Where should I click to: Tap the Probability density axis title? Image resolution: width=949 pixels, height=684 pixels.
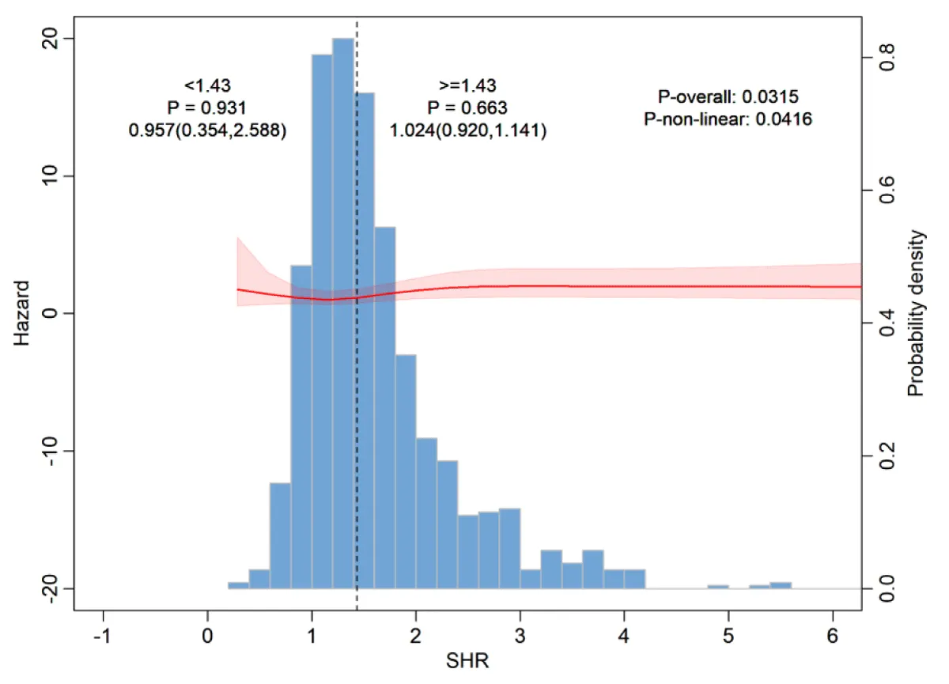(917, 313)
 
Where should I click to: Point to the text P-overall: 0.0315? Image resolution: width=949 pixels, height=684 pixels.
(728, 98)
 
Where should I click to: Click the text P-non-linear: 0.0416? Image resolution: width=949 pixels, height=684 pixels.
(728, 119)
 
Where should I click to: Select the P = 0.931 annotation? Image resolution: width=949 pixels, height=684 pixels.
(207, 108)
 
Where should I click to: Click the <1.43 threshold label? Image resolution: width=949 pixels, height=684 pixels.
(207, 85)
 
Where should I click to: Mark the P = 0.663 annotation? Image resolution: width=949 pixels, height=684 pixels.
(467, 108)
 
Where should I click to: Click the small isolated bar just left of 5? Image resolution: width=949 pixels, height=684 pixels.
(718, 587)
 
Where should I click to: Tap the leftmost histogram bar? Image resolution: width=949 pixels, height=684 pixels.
(238, 585)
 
